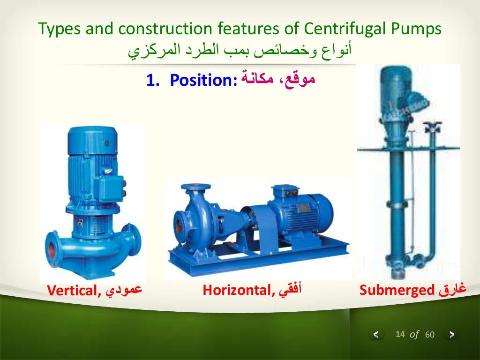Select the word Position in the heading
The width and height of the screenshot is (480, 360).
(203, 81)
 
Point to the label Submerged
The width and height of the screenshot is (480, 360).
(397, 291)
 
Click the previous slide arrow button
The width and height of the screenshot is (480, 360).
(376, 335)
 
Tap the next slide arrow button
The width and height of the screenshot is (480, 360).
(451, 335)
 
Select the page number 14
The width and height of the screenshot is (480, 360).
(400, 334)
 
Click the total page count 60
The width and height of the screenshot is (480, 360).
(430, 335)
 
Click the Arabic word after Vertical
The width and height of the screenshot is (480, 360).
(124, 291)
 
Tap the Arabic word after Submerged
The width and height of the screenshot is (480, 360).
(453, 290)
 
